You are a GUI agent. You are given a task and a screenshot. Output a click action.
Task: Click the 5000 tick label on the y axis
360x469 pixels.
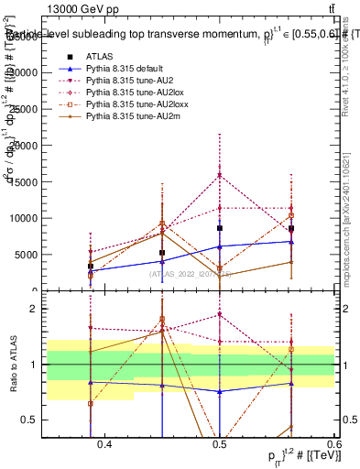[x=27, y=255]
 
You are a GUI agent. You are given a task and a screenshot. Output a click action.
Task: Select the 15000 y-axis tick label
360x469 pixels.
[x=26, y=181]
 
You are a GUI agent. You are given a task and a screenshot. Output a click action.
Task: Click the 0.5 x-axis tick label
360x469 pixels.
[x=219, y=444]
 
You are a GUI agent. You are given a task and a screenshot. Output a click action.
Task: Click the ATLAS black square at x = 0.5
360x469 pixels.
[x=219, y=228]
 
